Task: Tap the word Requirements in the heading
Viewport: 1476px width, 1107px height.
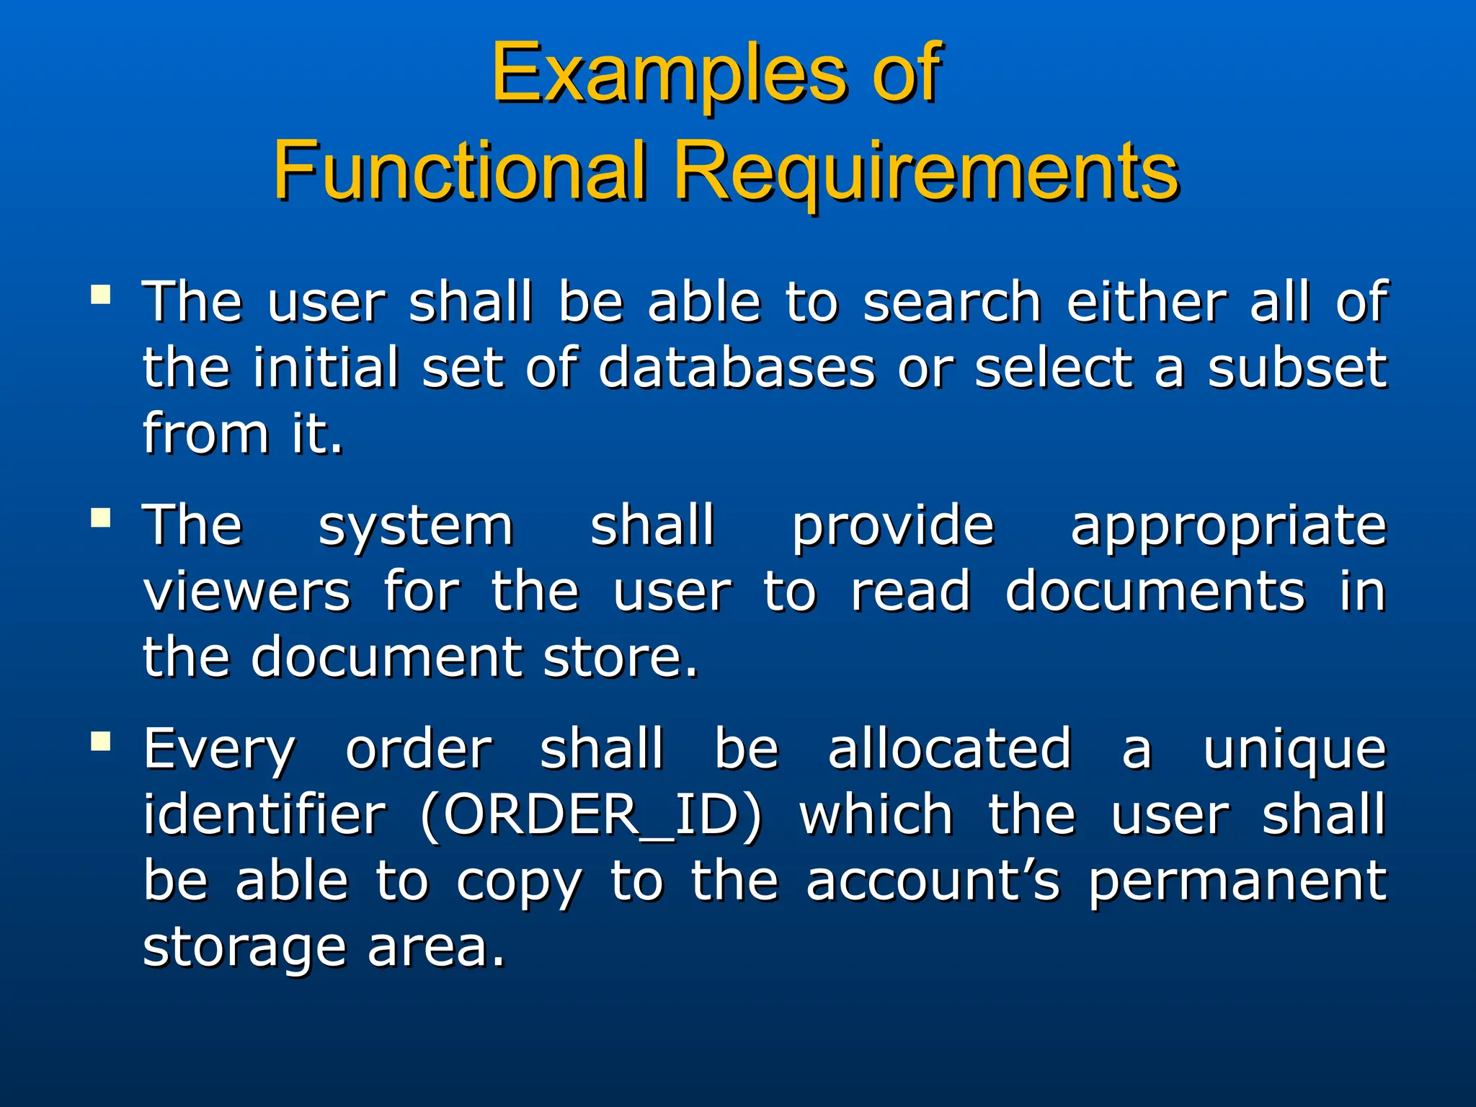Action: [926, 173]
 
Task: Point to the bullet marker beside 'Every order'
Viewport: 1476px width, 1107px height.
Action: [101, 742]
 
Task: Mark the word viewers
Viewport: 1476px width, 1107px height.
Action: [247, 592]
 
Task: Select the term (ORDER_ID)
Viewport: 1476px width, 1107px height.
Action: [591, 817]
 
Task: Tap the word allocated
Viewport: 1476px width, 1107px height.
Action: [949, 750]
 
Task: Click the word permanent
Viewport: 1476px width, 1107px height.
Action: [1237, 882]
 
